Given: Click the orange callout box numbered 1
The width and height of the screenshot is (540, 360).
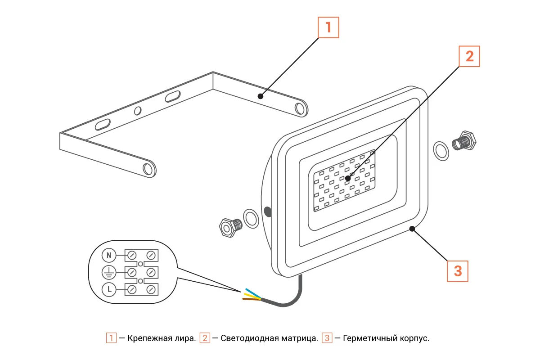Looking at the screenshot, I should pyautogui.click(x=328, y=27).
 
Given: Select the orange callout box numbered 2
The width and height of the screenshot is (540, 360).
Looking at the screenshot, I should pyautogui.click(x=469, y=56).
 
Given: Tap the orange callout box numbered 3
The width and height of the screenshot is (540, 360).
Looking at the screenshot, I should pyautogui.click(x=458, y=271).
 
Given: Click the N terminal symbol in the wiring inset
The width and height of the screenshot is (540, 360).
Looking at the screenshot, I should pyautogui.click(x=108, y=256).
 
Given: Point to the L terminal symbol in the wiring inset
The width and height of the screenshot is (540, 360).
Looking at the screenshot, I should pyautogui.click(x=108, y=289).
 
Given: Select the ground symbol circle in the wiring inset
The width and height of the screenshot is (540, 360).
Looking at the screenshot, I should pyautogui.click(x=108, y=272).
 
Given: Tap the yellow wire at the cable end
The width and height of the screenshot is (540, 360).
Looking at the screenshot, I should pyautogui.click(x=251, y=296).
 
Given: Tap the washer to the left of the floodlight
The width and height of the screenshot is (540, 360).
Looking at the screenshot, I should pyautogui.click(x=251, y=218).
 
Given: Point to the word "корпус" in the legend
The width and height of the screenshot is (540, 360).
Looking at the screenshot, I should pyautogui.click(x=414, y=338).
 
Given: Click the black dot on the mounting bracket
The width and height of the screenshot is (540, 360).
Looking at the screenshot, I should pyautogui.click(x=260, y=96).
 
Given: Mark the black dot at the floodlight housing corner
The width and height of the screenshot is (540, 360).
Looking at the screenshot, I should pyautogui.click(x=412, y=229).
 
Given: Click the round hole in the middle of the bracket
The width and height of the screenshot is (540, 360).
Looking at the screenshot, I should pyautogui.click(x=138, y=110).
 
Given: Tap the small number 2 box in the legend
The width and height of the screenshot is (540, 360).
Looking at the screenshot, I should pyautogui.click(x=205, y=338).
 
